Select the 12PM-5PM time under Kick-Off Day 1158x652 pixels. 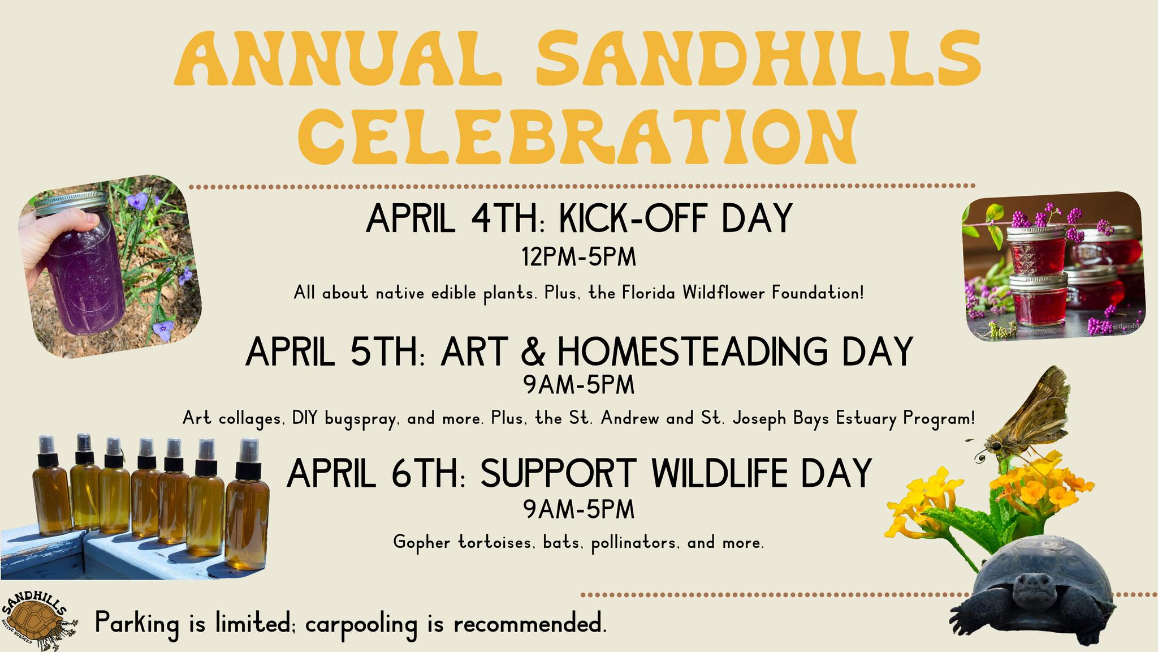578,258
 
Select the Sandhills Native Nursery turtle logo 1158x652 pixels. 37,620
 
